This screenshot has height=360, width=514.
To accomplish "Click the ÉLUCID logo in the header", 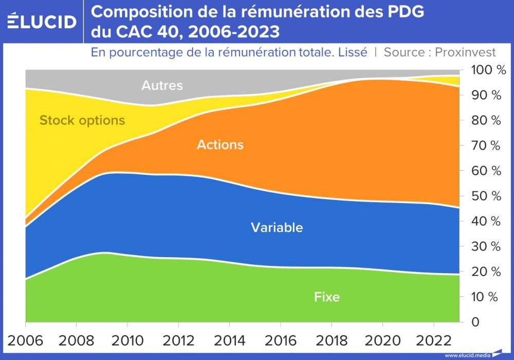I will point(42,21).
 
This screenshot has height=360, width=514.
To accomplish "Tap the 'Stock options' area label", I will point(82,120).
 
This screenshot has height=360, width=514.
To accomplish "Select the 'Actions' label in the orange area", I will point(220,145).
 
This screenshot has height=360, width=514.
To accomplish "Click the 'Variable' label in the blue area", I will point(277,227).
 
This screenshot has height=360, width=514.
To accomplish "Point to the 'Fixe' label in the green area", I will point(327,297).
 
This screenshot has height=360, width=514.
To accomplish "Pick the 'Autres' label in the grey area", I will point(162,85).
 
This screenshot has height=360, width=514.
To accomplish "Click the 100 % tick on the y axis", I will point(485,70).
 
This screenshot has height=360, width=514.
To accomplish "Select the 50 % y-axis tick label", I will point(485,196).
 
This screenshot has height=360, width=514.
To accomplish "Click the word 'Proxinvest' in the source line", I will point(465,52).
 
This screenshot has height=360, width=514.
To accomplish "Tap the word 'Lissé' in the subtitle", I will point(352,52).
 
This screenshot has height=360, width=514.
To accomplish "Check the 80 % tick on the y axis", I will point(485,120).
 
